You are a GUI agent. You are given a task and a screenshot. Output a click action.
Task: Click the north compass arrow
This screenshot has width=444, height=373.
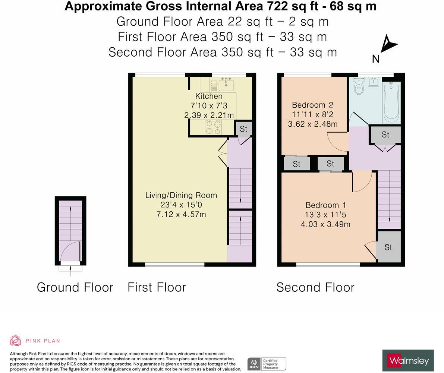tap(388, 44)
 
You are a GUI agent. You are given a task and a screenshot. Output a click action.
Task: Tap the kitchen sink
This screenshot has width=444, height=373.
tap(226, 85)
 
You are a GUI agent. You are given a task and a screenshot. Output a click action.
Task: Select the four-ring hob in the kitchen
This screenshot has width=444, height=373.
tap(213, 127)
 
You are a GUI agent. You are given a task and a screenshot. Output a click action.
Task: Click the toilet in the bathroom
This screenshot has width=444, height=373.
tap(359, 86)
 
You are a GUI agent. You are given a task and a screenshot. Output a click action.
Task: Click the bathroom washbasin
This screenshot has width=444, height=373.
tap(373, 82)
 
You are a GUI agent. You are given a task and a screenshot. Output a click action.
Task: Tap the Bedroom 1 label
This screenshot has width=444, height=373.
tap(325, 205)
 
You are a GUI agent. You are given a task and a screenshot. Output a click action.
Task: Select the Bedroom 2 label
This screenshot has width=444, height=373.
tap(312, 105)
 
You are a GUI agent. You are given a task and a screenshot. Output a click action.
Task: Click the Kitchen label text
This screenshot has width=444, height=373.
tap(209, 96)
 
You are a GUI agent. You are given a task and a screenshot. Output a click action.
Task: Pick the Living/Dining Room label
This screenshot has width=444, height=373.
tap(181, 195)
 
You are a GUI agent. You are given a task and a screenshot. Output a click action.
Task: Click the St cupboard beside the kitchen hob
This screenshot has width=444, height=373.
tap(243, 129)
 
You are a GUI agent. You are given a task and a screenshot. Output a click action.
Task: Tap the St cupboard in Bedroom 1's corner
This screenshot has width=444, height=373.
tap(388, 247)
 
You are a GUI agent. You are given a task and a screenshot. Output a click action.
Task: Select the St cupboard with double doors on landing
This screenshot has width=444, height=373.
tap(385, 135)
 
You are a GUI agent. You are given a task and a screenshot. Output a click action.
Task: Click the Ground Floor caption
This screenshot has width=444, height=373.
tap(75, 287)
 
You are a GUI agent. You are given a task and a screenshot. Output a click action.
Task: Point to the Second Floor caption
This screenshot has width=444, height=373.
tap(315, 287)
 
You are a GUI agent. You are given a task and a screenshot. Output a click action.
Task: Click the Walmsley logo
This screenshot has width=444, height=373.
tap(408, 360)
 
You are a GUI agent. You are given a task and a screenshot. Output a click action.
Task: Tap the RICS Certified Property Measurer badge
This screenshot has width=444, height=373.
tap(267, 364)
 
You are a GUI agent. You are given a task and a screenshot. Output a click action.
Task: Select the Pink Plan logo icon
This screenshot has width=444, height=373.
tap(16, 340)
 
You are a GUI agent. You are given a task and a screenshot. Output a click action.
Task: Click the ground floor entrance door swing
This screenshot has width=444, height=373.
tap(70, 252)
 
